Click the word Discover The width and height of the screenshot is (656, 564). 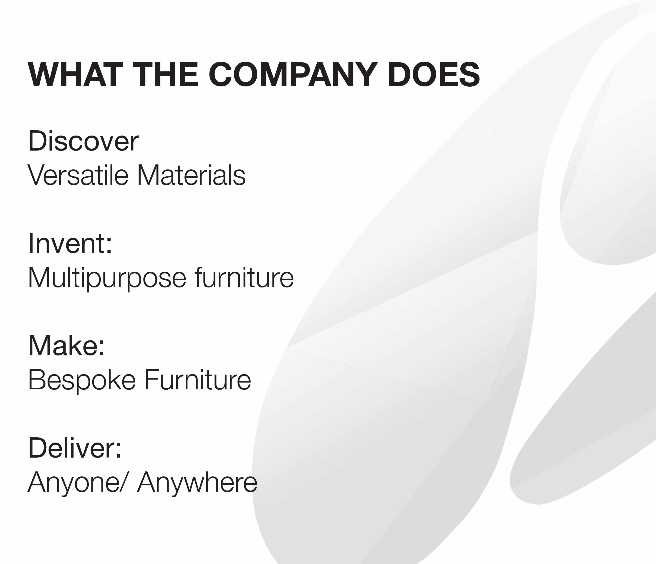83,141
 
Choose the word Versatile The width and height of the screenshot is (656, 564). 78,175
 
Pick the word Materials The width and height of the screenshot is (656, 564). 192,175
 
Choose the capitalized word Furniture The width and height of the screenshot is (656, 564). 198,380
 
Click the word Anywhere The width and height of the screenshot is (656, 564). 197,483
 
